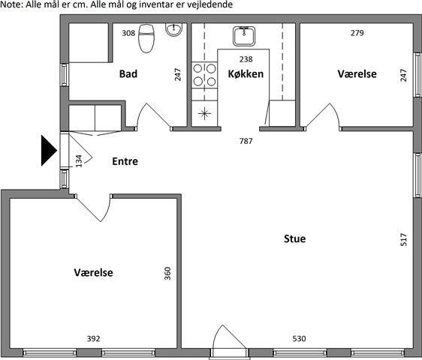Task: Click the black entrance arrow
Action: [49, 151]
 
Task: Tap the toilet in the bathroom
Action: [146, 38]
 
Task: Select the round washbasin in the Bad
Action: [173, 29]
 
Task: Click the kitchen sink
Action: [244, 36]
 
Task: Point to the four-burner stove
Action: [204, 75]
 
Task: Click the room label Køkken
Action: [246, 74]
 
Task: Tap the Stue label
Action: [294, 238]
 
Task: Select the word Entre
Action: [125, 161]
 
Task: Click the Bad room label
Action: [128, 74]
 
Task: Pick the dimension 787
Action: [246, 141]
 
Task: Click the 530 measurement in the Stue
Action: [299, 338]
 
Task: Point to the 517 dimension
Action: [404, 239]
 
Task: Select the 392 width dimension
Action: [93, 338]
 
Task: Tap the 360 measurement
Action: [167, 274]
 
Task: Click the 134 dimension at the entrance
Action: [79, 160]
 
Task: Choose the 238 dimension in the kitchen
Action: [246, 59]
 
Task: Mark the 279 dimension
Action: [357, 33]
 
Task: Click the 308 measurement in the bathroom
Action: [128, 33]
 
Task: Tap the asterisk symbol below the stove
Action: [204, 113]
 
